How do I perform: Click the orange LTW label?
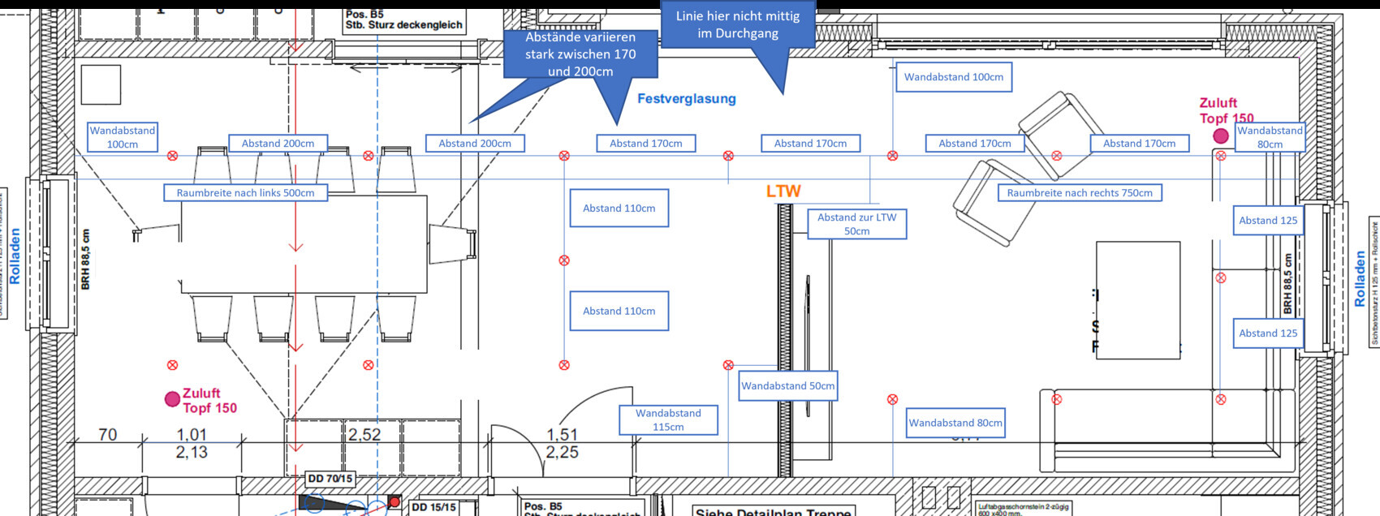click(x=783, y=191)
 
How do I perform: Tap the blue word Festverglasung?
click(x=687, y=99)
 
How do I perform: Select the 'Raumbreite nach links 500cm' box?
click(x=245, y=193)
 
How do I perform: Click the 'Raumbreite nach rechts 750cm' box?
click(x=1080, y=193)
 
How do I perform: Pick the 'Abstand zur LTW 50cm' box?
click(x=857, y=224)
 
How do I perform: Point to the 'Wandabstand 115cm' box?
click(x=668, y=420)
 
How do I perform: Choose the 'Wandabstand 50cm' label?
click(x=787, y=386)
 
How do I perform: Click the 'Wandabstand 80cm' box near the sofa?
click(x=955, y=423)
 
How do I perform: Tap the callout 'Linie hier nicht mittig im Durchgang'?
click(x=738, y=25)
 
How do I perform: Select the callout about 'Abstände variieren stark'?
click(x=580, y=54)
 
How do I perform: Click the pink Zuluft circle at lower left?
click(x=172, y=399)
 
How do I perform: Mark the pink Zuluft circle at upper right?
click(x=1221, y=136)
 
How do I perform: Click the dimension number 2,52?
click(x=364, y=435)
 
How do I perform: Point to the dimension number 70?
click(x=108, y=435)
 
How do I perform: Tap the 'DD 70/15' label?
click(x=330, y=479)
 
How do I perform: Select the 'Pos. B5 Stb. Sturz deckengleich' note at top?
click(x=403, y=20)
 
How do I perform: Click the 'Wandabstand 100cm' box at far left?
click(x=123, y=137)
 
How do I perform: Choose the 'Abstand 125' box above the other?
click(x=1268, y=221)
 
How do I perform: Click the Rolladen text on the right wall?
click(x=1360, y=278)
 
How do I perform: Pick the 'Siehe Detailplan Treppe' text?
click(x=773, y=511)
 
